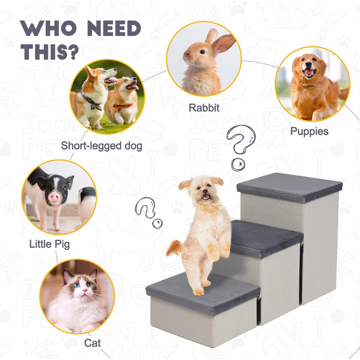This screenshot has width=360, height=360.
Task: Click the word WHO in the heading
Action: [48, 28]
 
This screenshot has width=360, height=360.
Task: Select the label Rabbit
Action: [204, 107]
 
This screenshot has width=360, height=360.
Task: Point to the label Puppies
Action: [309, 132]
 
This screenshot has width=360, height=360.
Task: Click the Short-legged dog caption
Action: [101, 146]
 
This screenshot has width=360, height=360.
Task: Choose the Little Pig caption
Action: [49, 244]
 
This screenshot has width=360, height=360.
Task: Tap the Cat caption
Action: [92, 343]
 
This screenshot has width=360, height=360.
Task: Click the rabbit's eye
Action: [202, 51]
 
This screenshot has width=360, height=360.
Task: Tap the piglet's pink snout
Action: [55, 197]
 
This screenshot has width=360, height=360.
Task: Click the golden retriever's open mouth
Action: [309, 73]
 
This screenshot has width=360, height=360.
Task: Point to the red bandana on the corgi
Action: [122, 106]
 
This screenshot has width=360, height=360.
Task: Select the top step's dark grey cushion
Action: [290, 187]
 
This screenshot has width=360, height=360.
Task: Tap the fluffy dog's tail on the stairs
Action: [174, 247]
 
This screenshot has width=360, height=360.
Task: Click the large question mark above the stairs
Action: [241, 147]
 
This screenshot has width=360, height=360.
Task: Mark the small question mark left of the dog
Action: [148, 212]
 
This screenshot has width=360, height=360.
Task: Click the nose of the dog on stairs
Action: [204, 191]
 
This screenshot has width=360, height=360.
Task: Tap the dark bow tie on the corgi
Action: [92, 102]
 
